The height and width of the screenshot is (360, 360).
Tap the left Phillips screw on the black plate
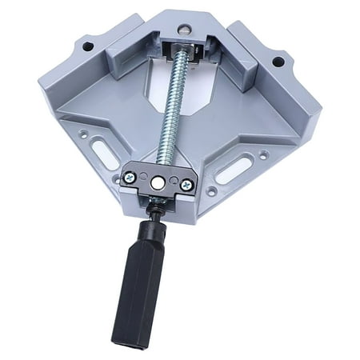tap(130, 178)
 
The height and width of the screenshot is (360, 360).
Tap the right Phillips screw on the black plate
tap(186, 185)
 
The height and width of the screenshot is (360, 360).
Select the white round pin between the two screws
tap(158, 182)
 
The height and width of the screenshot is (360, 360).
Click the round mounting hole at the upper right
tap(278, 61)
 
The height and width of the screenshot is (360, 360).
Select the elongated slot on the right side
tap(234, 169)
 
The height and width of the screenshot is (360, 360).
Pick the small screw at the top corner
tap(185, 30)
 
